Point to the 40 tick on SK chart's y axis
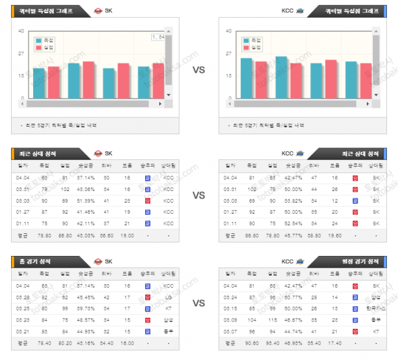point(21,31)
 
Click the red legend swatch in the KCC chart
point(247,48)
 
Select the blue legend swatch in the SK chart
point(39,40)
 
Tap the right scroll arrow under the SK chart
point(161,104)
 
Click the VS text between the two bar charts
point(198,70)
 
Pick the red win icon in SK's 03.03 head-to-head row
point(148,200)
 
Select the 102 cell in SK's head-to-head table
point(65,189)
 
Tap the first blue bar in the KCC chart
point(246,78)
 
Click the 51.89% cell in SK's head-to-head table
point(86,200)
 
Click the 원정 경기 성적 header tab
point(364,261)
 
